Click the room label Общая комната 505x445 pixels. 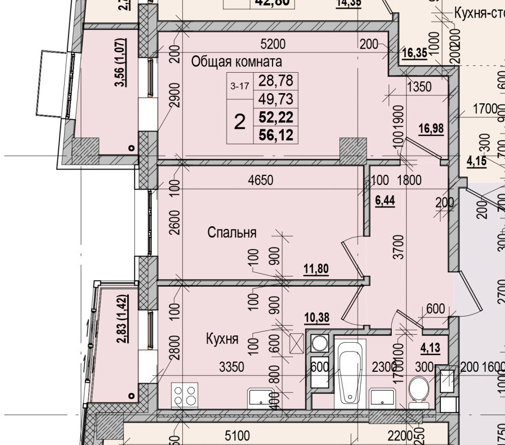point(236,62)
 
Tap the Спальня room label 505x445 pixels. point(232,233)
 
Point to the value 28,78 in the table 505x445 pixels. point(276,81)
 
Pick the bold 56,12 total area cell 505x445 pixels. point(276,135)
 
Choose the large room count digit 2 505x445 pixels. point(240,122)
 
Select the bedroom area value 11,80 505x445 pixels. point(316,268)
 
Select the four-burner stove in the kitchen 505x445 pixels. point(185,396)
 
